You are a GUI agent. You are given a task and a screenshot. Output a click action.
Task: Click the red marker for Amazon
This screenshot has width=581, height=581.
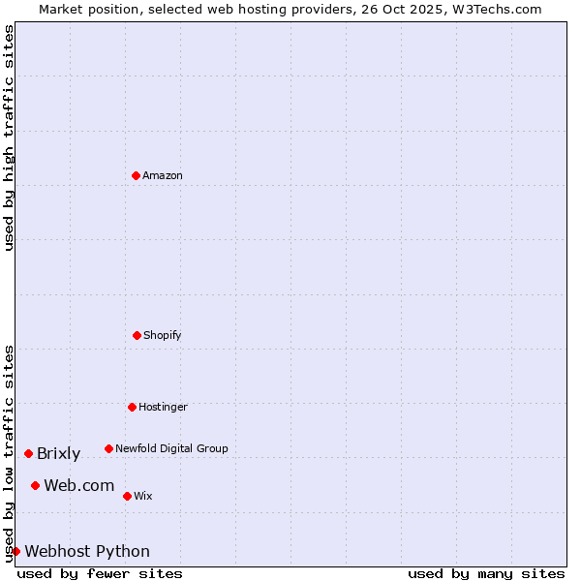click(x=136, y=175)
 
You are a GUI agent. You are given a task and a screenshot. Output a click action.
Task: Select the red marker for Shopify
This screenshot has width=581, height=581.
click(x=137, y=335)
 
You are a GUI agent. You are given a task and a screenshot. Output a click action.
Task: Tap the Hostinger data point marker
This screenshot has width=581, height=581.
click(x=132, y=407)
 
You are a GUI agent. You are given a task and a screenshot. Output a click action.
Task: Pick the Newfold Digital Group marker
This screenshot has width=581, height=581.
click(x=108, y=448)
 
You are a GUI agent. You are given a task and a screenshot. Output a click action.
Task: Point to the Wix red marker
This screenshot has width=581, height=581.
click(x=127, y=496)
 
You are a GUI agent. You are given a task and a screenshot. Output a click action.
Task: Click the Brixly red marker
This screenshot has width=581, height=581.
click(x=28, y=453)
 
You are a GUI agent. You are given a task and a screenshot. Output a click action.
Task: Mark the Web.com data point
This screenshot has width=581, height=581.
click(x=35, y=485)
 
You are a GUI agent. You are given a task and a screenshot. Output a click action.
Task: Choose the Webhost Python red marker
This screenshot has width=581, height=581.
click(x=15, y=551)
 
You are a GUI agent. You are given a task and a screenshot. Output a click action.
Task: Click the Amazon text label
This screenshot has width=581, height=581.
click(x=163, y=175)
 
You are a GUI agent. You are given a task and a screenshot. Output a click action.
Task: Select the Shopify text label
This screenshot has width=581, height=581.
click(x=163, y=335)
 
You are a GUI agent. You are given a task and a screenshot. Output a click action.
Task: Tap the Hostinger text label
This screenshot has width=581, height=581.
click(x=163, y=407)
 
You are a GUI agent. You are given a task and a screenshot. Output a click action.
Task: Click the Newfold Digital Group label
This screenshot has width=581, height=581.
click(x=171, y=448)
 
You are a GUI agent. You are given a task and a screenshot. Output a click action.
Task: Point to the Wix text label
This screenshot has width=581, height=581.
click(x=143, y=496)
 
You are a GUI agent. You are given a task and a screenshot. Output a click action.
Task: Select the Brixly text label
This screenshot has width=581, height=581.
click(x=59, y=453)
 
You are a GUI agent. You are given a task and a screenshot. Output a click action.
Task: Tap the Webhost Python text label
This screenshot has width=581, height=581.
click(x=87, y=551)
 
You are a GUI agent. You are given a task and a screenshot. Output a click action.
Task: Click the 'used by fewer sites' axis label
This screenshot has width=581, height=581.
click(x=100, y=573)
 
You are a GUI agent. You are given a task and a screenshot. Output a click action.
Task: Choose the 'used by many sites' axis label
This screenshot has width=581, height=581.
click(x=486, y=573)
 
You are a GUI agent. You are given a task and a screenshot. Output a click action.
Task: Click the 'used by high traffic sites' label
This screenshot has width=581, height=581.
click(x=9, y=138)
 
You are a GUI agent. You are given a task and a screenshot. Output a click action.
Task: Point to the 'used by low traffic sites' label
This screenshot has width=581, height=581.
click(x=9, y=453)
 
